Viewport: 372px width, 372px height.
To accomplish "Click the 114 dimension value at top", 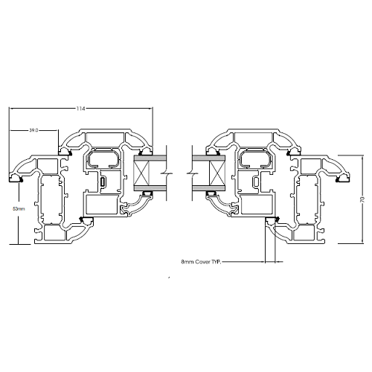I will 80,109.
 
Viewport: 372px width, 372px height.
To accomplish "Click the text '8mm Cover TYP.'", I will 201,262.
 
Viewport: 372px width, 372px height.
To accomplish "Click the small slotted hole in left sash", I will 103,182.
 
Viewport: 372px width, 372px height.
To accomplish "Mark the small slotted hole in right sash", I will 256,182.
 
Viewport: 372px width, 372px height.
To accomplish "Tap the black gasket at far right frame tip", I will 344,179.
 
